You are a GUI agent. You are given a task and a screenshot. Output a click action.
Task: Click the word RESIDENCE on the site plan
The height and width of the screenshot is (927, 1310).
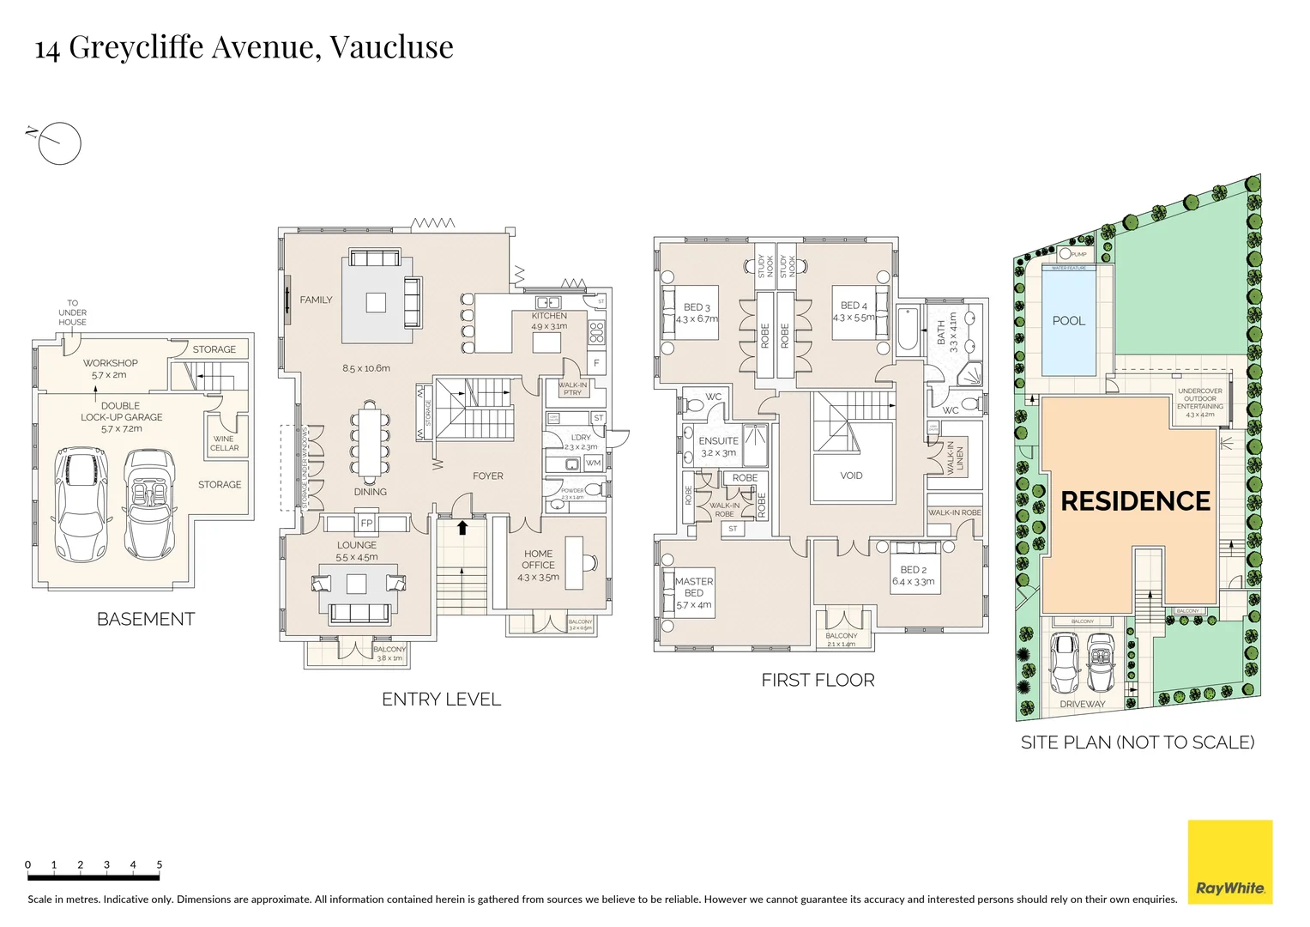pos(1135,501)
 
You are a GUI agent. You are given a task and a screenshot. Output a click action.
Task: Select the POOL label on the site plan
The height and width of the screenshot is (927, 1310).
pos(1068,321)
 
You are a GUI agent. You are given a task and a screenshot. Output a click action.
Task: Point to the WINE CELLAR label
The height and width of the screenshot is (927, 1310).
pos(224,443)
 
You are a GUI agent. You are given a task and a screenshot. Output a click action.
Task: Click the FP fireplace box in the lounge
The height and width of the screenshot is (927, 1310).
pos(366,523)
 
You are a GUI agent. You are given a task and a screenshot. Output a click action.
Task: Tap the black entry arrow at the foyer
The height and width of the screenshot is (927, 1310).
pos(462,527)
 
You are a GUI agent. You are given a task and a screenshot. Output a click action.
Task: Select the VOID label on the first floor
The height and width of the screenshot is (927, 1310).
pos(851,476)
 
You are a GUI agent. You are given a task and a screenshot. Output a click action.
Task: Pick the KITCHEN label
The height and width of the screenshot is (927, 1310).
pos(549,316)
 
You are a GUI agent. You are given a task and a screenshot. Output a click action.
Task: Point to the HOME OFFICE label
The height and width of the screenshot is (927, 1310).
pos(538,560)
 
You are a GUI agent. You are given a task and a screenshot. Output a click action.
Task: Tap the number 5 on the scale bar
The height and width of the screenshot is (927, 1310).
pos(160,864)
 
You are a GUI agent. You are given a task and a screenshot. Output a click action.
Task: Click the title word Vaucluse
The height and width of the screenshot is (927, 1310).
pos(391,46)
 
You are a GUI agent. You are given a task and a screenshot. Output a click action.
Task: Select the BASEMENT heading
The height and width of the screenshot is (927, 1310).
pos(146,619)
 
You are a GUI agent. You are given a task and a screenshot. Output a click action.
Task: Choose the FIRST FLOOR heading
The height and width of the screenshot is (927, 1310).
pos(818,681)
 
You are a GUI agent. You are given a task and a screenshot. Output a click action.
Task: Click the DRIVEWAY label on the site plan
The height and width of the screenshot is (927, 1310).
pos(1082,705)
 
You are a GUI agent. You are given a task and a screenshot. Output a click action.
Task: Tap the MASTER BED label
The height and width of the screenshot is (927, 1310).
pos(693,587)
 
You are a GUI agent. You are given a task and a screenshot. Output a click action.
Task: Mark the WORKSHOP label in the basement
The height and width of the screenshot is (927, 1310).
pos(110,363)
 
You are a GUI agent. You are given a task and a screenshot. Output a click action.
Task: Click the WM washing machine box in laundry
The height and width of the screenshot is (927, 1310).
pos(593,463)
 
